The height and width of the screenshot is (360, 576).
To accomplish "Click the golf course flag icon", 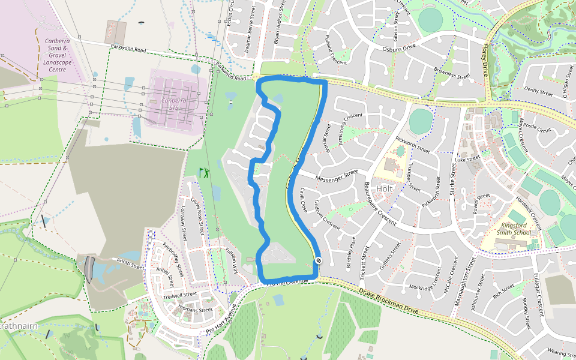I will click(x=205, y=173).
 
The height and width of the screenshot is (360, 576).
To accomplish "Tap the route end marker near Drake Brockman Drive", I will click(x=318, y=260).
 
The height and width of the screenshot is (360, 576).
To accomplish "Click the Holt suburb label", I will click(x=385, y=188).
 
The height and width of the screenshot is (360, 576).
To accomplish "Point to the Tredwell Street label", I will click(x=179, y=295).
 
